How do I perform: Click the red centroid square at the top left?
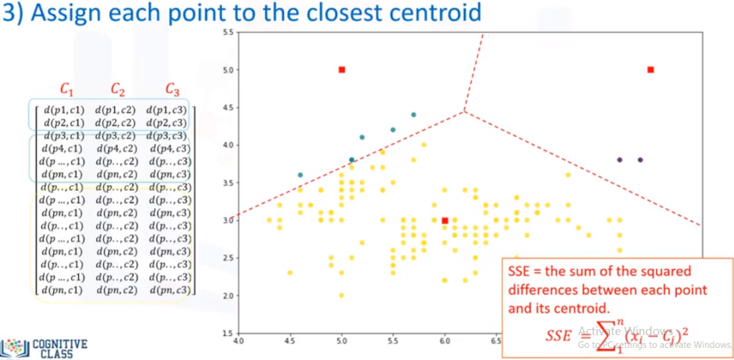(342, 69)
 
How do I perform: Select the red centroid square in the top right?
(651, 69)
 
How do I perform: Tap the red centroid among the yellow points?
(445, 220)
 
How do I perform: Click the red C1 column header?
(67, 89)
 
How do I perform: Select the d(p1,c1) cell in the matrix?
(63, 109)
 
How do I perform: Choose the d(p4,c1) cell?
(63, 148)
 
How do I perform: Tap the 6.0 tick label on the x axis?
(444, 341)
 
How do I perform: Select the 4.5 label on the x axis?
(290, 341)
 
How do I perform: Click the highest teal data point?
(414, 114)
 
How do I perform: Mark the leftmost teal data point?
(300, 175)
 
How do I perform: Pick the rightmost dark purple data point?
(640, 159)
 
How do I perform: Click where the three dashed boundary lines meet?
(464, 111)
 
